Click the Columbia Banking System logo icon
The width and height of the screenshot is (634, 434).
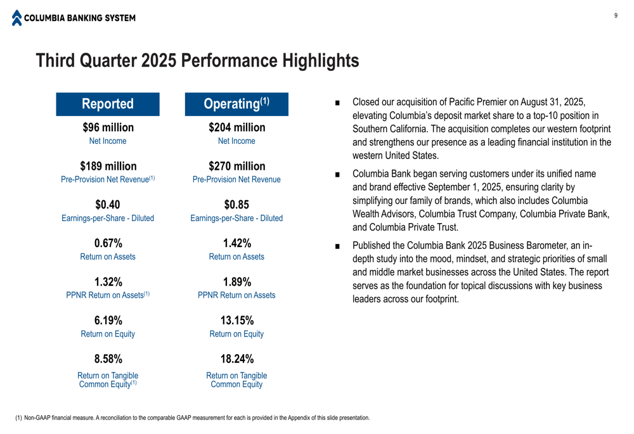16,18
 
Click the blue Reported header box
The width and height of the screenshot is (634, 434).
108,104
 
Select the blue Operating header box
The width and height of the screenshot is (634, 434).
236,104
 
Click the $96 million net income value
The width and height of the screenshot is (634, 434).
108,127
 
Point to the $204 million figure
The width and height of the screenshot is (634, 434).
236,127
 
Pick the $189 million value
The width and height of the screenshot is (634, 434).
108,167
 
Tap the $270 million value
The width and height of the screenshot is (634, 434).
236,167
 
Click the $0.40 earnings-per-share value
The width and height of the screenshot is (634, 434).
108,205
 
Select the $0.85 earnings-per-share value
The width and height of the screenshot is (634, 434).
236,205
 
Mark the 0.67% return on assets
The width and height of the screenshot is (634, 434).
108,243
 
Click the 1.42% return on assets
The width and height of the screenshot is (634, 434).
236,243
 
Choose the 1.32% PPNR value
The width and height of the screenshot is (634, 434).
108,282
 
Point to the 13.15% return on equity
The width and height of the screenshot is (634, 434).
236,321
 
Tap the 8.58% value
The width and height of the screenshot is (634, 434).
108,359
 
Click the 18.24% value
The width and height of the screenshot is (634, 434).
236,359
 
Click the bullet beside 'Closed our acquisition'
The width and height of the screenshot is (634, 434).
337,103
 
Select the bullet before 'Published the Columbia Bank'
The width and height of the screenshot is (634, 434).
337,246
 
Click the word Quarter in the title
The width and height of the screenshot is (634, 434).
107,61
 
